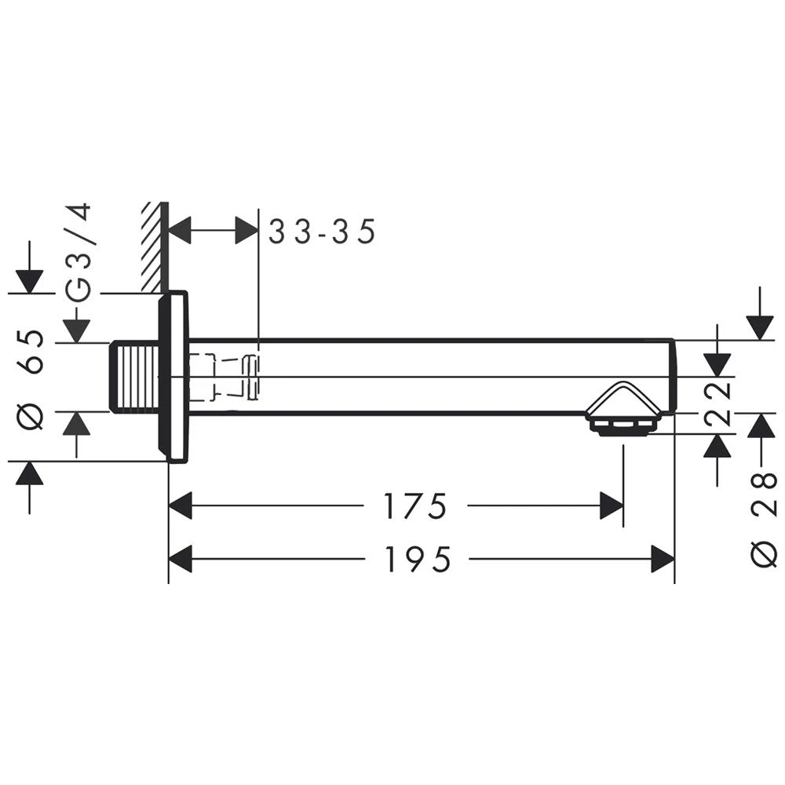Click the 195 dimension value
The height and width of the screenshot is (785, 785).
tap(418, 559)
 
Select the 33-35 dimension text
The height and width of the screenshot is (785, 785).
tap(323, 232)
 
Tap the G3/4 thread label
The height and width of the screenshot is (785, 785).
tap(79, 252)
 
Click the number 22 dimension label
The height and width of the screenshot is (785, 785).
tap(719, 403)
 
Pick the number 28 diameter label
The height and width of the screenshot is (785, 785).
tap(764, 495)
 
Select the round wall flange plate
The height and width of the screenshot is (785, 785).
tap(173, 377)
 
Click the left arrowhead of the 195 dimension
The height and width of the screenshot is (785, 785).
tap(181, 559)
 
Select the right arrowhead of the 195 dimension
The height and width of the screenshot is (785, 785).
tap(663, 559)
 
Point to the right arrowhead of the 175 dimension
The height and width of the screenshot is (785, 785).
tap(612, 506)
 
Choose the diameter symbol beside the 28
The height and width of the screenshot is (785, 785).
tap(764, 555)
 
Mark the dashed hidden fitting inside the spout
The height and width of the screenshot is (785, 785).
tap(224, 376)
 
